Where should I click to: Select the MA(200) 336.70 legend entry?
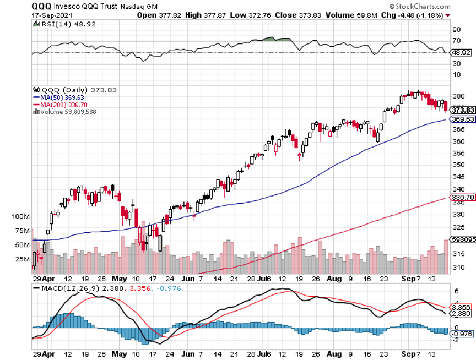click(x=62, y=104)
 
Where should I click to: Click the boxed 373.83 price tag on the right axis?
click(x=462, y=110)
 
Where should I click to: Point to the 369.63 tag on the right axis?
click(x=462, y=119)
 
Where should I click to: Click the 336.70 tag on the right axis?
click(x=462, y=197)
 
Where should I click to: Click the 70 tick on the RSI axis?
click(x=457, y=41)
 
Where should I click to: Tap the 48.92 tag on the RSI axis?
click(x=462, y=53)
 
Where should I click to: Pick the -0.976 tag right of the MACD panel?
click(x=462, y=334)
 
